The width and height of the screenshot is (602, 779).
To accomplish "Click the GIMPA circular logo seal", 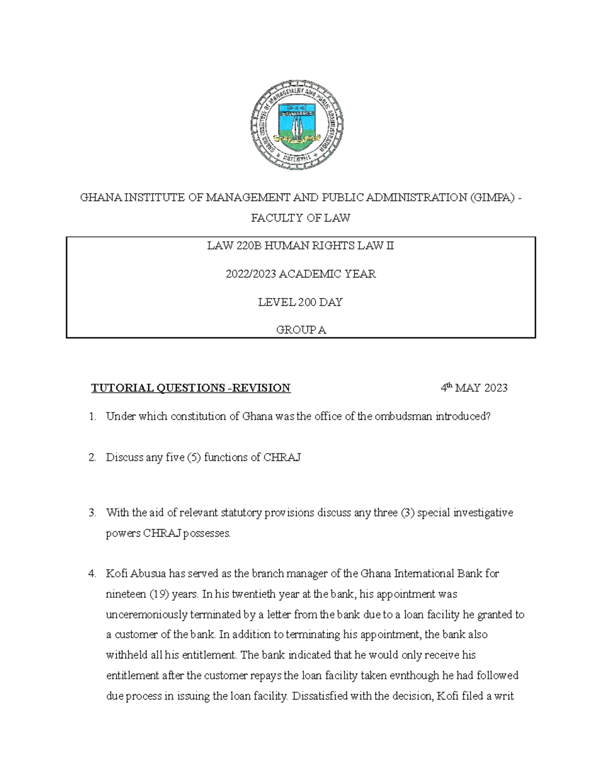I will tap(297, 124).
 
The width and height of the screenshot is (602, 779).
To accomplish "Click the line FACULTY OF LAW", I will tap(300, 218).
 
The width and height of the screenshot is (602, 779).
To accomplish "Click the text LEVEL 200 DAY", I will tap(300, 302).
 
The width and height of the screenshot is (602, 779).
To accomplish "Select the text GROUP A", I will tap(300, 330).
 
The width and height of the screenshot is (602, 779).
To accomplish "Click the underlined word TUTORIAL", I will tap(122, 388).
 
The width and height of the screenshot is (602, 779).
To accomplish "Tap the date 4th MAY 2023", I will tap(474, 388).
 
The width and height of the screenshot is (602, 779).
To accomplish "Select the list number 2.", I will tap(92, 457).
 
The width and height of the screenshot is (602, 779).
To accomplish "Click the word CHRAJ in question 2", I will tap(282, 457).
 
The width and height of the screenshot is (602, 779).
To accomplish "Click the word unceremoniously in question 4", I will tap(145, 614).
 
